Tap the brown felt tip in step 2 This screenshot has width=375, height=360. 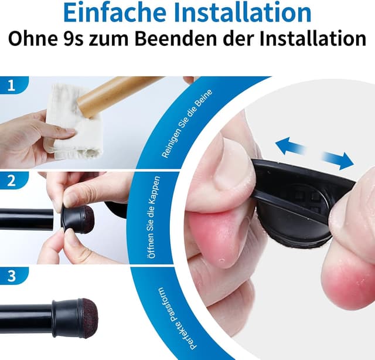click(x=86, y=218)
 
